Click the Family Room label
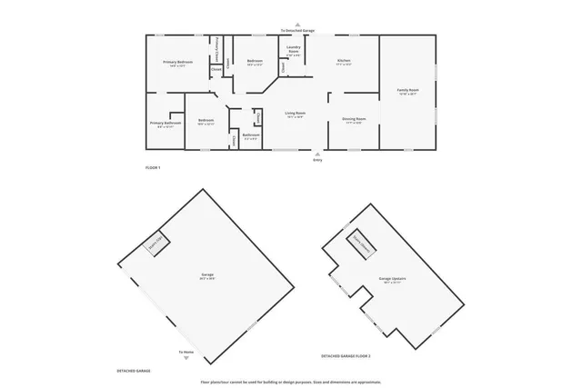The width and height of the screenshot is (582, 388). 406,91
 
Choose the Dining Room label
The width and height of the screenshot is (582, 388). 354,120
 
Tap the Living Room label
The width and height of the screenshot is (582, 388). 296,114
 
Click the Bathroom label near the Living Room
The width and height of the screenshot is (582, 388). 251,135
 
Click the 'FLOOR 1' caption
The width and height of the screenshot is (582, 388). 153,168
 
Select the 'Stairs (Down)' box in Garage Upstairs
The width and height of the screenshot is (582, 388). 365,241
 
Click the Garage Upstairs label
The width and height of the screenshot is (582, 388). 393,281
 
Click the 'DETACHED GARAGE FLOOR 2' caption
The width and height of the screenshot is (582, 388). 351,355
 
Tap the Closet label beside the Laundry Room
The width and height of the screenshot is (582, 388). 283,66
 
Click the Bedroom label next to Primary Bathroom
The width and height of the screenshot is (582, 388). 206,122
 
